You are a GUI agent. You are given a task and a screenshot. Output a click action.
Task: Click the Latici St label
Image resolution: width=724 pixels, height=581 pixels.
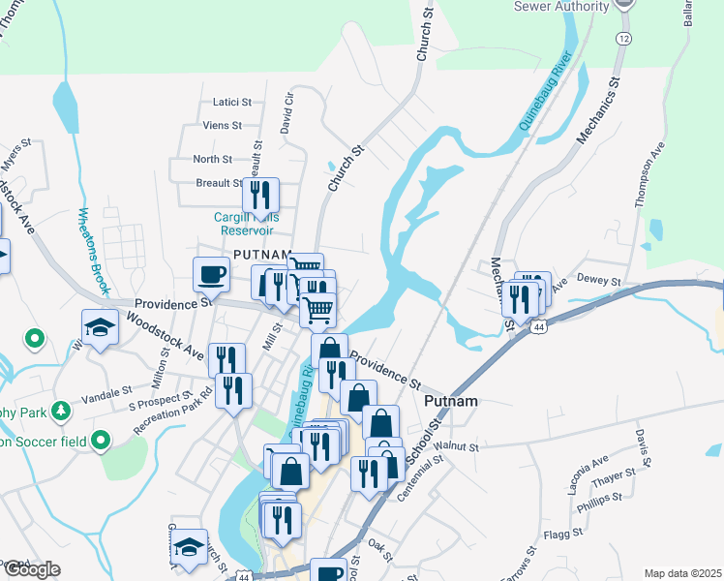(x=231, y=101)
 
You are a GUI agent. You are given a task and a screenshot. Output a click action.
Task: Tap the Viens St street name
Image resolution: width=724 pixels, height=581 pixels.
(x=223, y=125)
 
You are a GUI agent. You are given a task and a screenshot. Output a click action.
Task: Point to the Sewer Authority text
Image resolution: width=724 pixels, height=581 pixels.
(x=561, y=6)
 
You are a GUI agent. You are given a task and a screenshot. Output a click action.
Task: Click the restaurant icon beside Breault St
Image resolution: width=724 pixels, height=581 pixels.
(x=260, y=196)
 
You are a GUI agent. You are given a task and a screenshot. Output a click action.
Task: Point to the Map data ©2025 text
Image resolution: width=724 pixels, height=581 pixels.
(x=682, y=573)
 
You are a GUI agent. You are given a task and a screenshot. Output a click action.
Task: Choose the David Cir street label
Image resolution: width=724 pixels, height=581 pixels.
(x=287, y=114)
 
